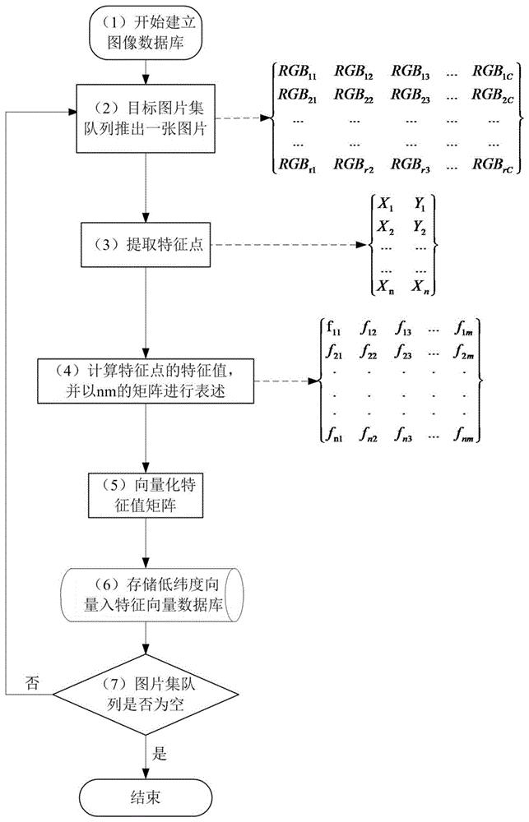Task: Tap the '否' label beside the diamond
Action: [x=32, y=681]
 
